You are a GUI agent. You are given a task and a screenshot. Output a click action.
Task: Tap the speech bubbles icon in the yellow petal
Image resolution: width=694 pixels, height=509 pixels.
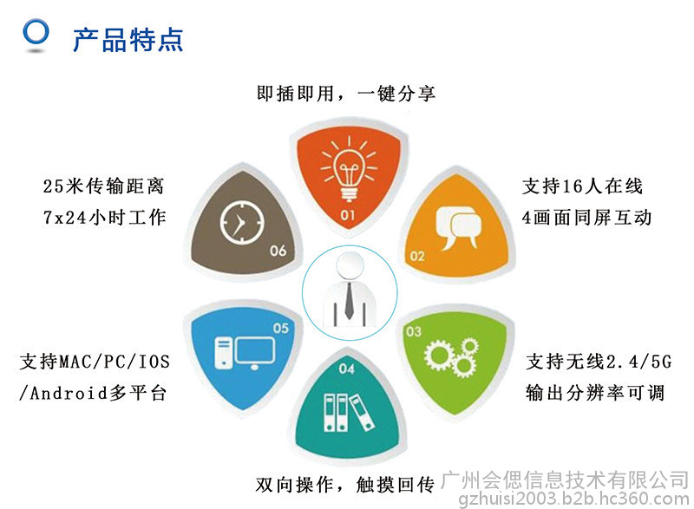[458, 227]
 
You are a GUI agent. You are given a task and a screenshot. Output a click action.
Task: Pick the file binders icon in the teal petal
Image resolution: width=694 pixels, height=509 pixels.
[349, 412]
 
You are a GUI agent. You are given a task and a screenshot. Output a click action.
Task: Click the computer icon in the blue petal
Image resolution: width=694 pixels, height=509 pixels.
[245, 353]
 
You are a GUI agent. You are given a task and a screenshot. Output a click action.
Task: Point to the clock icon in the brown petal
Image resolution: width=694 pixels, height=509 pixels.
[242, 223]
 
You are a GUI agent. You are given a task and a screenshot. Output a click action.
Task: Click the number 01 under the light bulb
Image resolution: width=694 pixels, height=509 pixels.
[348, 215]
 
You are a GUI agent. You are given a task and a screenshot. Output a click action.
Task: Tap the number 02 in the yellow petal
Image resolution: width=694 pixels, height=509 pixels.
[417, 256]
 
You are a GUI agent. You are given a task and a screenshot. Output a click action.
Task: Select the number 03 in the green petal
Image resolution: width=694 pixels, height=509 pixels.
[414, 331]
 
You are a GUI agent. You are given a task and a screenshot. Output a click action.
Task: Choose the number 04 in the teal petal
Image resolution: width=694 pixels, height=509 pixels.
[346, 369]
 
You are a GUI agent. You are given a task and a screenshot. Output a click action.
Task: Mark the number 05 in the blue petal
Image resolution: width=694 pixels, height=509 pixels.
[280, 328]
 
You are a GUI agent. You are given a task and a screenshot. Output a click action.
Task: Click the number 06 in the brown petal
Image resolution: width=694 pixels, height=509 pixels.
[278, 251]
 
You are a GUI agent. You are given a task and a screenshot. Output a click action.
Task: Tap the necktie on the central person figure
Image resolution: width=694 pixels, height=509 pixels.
[349, 300]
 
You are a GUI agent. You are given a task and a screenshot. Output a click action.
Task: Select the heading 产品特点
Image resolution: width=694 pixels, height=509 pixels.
[128, 40]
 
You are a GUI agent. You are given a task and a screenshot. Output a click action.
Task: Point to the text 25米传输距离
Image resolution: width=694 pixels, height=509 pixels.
[103, 186]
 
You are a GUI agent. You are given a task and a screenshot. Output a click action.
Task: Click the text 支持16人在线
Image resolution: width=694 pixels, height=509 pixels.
[582, 186]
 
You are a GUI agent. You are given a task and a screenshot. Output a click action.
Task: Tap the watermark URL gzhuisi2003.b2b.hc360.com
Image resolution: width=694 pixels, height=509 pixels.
[573, 499]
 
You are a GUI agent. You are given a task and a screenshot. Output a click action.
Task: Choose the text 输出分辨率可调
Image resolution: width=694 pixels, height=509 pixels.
[595, 393]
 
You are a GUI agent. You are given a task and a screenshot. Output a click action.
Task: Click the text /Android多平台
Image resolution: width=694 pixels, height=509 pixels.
[93, 393]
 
